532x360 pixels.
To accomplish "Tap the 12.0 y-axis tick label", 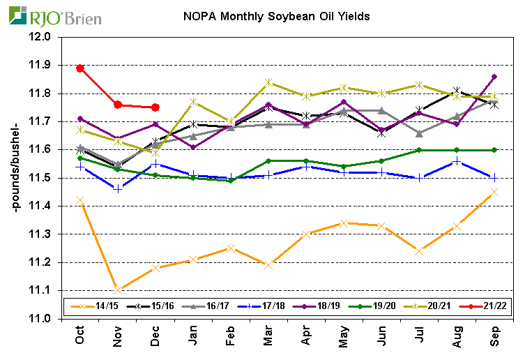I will (x=41, y=37).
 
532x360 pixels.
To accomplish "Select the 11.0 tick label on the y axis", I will (x=41, y=319).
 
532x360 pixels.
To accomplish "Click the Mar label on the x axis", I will (x=268, y=338).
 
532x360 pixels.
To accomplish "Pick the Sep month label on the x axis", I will (x=493, y=338).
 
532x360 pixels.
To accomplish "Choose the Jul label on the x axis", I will (x=418, y=338).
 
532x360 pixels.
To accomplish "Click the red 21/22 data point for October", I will (x=80, y=68).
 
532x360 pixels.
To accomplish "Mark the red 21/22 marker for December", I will (x=155, y=107).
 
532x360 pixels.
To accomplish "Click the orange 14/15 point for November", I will (x=118, y=290).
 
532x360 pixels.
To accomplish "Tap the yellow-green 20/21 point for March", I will (x=268, y=82).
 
